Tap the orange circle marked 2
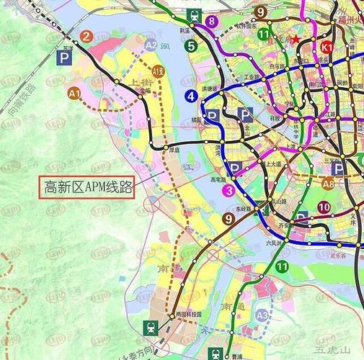pos(86,37)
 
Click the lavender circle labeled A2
pos(150,45)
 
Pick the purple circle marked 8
pos(211,21)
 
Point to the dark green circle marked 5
pos(191,46)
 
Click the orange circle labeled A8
pos(329,184)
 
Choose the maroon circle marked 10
pos(324,208)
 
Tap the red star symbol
pos(292,40)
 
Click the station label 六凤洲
pos(272,243)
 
